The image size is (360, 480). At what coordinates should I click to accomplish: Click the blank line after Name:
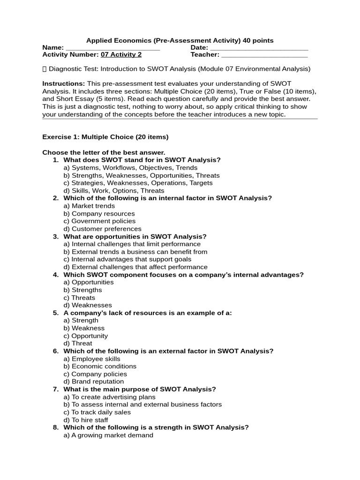click(x=112, y=48)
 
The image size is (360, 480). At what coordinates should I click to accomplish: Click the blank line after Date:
click(x=259, y=48)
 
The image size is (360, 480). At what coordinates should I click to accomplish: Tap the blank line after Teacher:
click(x=264, y=55)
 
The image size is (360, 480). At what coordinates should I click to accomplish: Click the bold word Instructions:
click(x=63, y=84)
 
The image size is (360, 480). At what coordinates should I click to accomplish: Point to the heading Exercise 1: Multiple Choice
click(x=105, y=137)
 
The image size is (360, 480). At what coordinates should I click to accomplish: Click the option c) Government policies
click(x=99, y=221)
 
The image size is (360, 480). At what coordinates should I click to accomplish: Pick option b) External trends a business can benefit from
click(x=135, y=252)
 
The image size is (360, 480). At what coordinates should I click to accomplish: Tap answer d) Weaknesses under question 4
click(x=88, y=305)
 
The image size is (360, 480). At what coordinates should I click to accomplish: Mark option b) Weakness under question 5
click(x=84, y=328)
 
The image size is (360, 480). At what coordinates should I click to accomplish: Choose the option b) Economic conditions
click(x=100, y=367)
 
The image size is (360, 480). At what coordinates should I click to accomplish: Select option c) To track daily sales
click(x=97, y=412)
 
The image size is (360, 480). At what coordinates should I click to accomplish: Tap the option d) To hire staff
click(x=86, y=420)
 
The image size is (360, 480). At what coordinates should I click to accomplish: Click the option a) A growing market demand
click(x=108, y=435)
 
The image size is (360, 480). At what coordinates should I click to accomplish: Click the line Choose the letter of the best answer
click(x=104, y=153)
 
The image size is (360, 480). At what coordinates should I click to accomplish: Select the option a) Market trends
click(x=89, y=206)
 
